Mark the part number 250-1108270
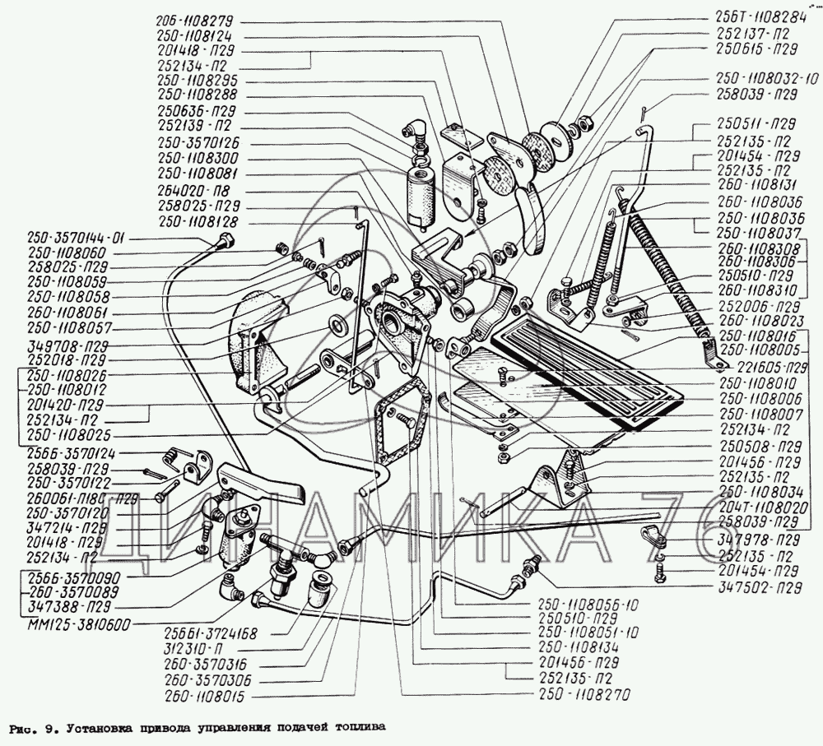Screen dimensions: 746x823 click(585, 696)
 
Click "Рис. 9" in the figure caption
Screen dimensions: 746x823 click(30, 728)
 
